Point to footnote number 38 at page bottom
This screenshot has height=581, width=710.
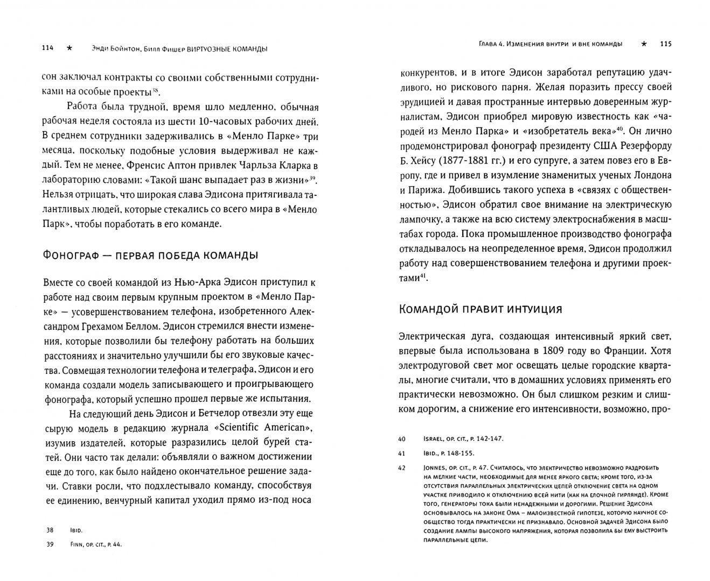tap(50, 530)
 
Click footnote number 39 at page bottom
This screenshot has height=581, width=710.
tap(50, 544)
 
